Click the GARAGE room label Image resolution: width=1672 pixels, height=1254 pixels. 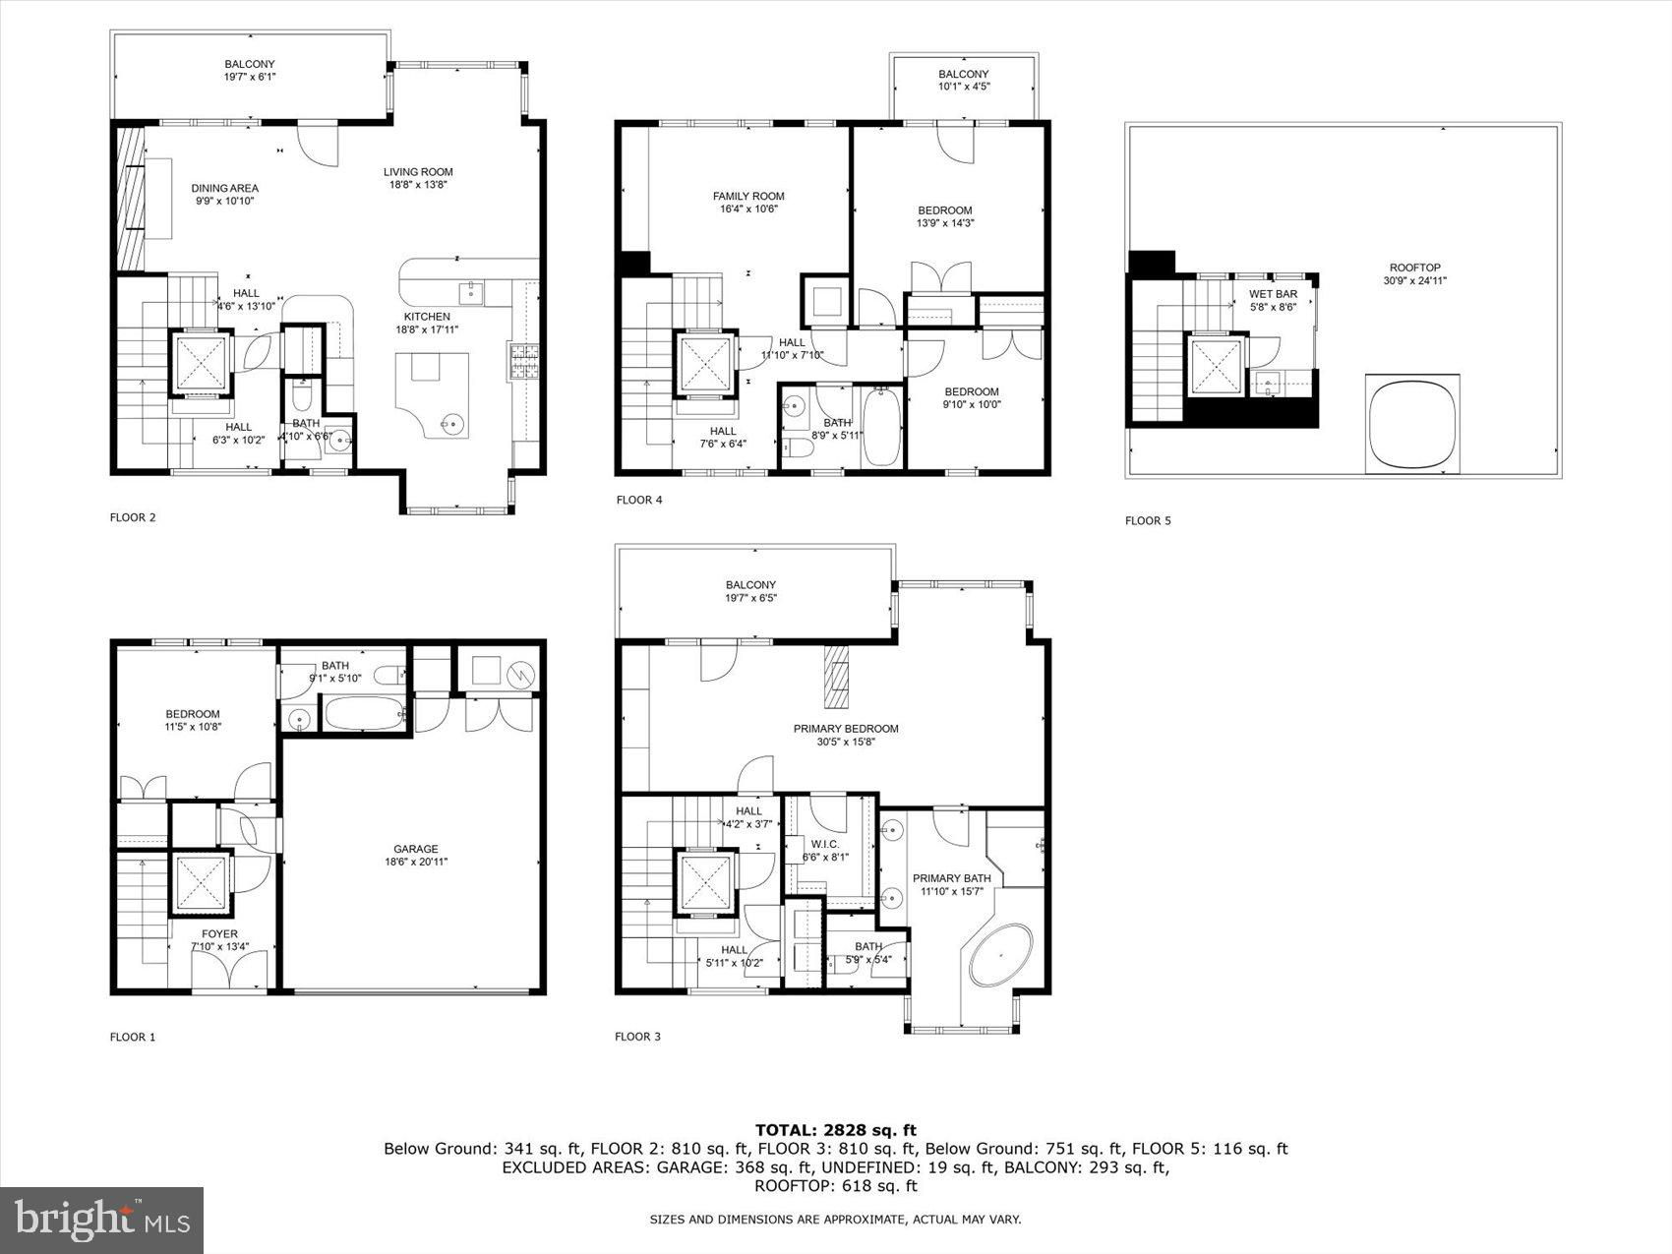coord(415,849)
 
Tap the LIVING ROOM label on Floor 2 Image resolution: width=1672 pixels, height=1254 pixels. coord(418,172)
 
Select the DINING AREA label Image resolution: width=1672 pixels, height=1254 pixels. coord(224,188)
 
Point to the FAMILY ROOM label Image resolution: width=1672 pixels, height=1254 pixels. coord(748,197)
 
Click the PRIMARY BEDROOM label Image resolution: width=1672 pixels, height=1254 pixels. coord(846,729)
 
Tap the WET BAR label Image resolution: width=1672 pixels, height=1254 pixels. coord(1273,294)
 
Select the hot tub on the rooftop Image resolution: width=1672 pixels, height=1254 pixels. coord(1411,424)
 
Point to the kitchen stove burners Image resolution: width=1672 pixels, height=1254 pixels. coord(522,361)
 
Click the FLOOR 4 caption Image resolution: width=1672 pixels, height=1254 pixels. coord(639,500)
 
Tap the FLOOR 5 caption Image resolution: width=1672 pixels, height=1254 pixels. coord(1148,520)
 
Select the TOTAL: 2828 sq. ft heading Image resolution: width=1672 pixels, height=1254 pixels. coord(835,1130)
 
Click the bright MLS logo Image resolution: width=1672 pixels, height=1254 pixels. coord(102,1220)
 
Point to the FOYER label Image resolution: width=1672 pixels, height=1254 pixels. coord(219,934)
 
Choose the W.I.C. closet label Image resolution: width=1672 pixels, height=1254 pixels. coord(824,844)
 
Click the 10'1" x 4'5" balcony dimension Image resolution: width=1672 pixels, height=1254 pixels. coord(963,87)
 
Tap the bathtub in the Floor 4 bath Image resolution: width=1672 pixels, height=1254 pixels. coord(880,427)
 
